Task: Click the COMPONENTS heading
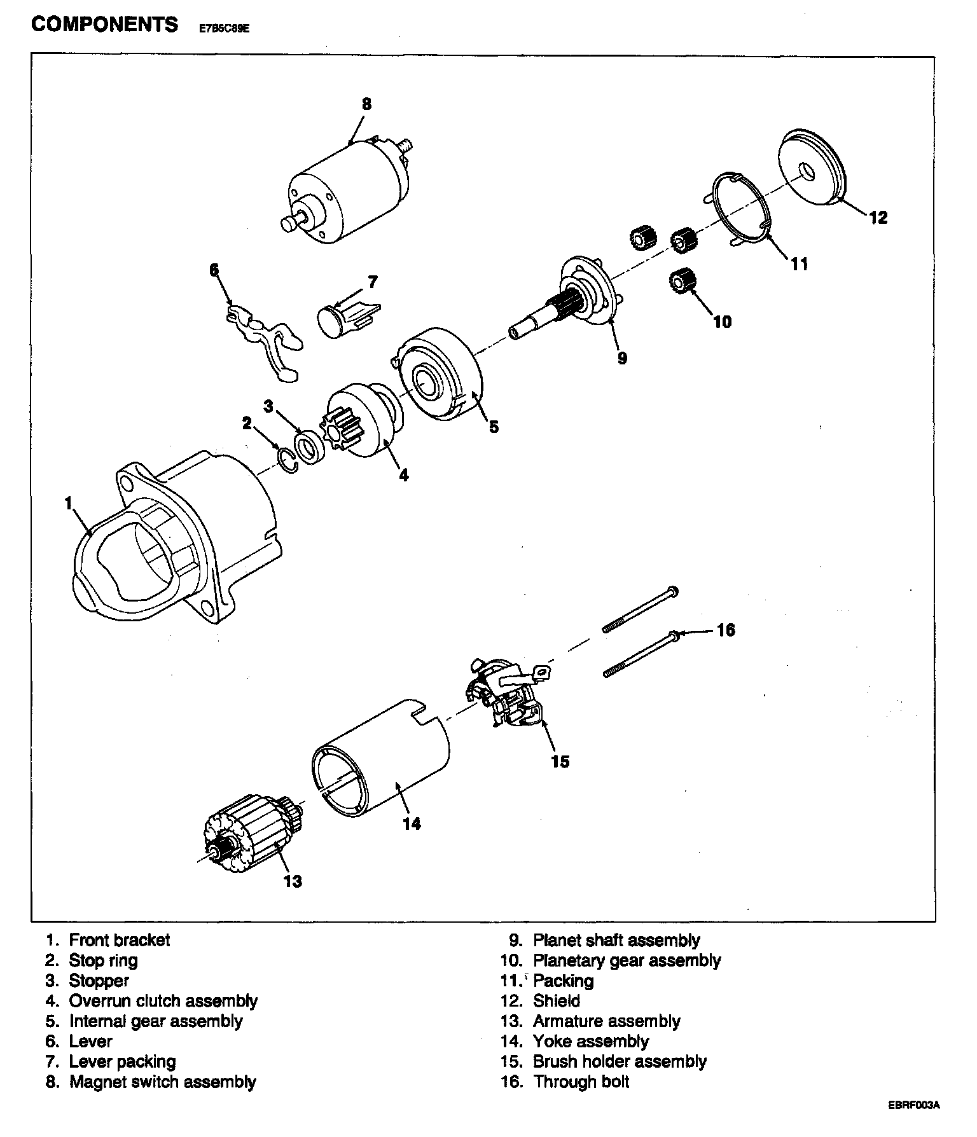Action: pyautogui.click(x=105, y=25)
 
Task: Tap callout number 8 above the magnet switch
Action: pyautogui.click(x=366, y=104)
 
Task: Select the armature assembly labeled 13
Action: pyautogui.click(x=251, y=833)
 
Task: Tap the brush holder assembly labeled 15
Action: pyautogui.click(x=509, y=696)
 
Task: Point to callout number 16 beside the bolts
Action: pyautogui.click(x=726, y=630)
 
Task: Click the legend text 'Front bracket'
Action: pyautogui.click(x=120, y=940)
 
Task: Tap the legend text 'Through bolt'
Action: pyautogui.click(x=581, y=1082)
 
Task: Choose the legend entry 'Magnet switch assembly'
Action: pyautogui.click(x=162, y=1082)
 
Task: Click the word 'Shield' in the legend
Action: pyautogui.click(x=557, y=1001)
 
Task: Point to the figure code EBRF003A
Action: pyautogui.click(x=914, y=1122)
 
